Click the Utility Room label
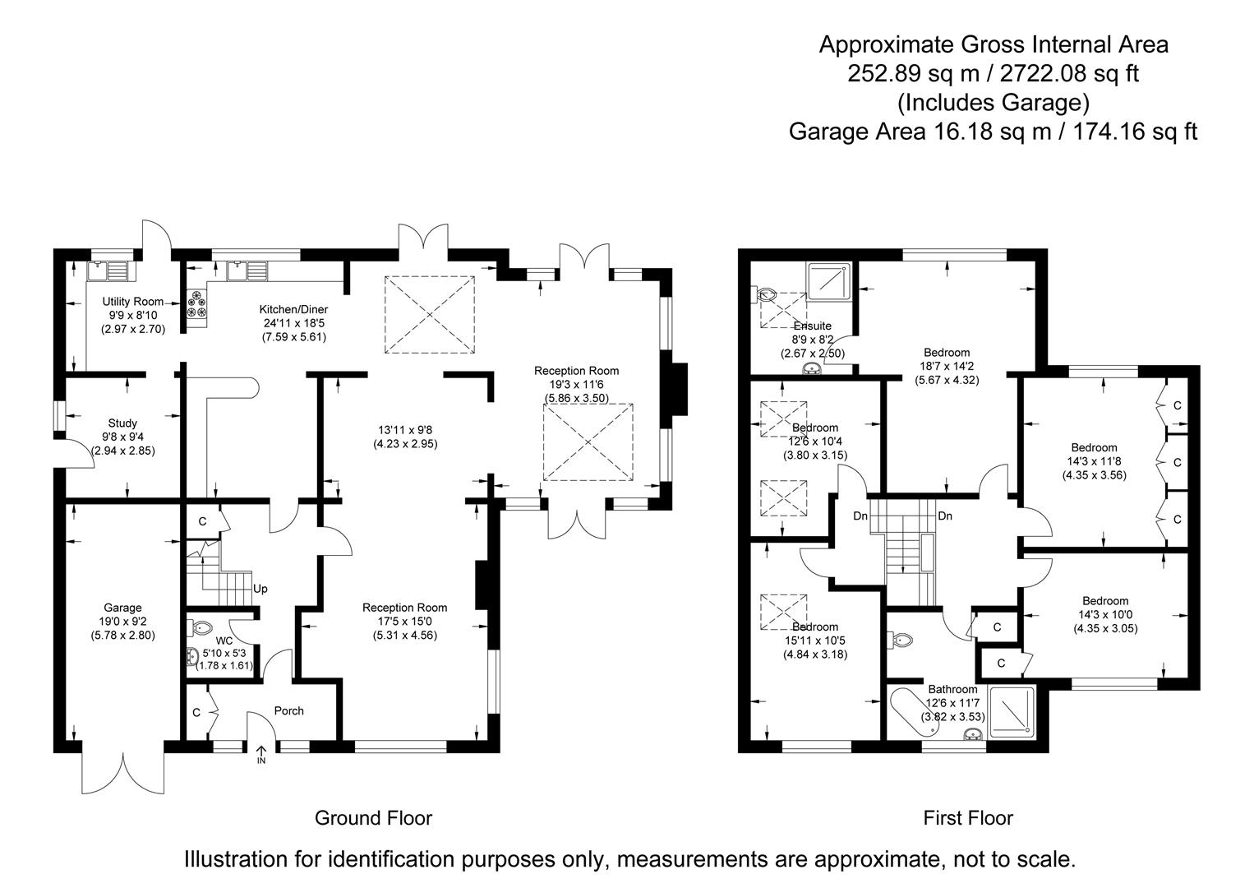click(133, 302)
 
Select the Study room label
click(122, 423)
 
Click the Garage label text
click(122, 608)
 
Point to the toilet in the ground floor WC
click(200, 628)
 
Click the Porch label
click(288, 710)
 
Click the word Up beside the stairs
click(260, 589)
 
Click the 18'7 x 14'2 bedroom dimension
click(947, 367)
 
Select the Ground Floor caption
click(373, 818)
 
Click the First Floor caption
click(968, 818)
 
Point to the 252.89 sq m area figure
click(912, 74)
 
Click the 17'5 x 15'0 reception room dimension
click(404, 622)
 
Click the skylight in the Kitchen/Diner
click(430, 315)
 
